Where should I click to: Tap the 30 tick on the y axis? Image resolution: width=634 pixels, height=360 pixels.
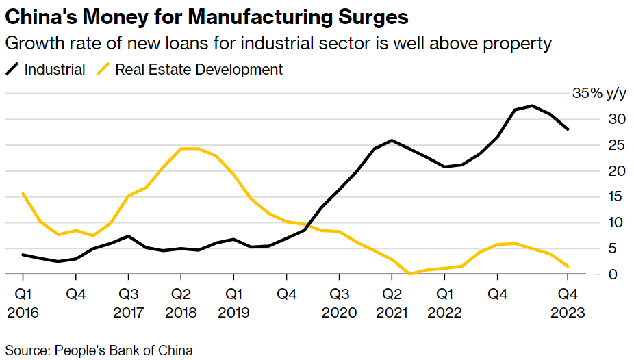(x=618, y=120)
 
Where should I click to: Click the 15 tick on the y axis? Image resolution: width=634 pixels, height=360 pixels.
(x=618, y=197)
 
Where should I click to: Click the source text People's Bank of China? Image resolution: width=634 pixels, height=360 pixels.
(x=123, y=350)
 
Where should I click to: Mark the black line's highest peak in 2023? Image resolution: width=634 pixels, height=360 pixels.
(x=532, y=105)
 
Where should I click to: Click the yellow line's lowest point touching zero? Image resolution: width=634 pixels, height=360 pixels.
(x=409, y=274)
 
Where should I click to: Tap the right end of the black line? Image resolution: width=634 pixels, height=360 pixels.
(x=568, y=129)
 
